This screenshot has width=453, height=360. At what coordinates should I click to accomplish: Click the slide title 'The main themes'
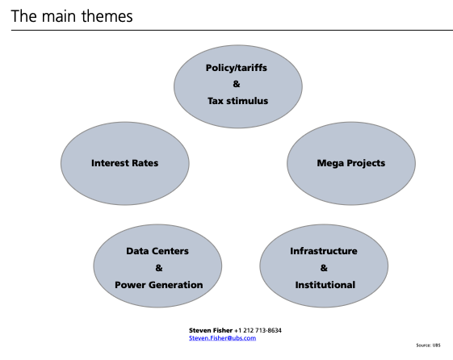point(72,16)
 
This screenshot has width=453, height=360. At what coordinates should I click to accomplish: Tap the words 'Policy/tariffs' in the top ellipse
point(237,68)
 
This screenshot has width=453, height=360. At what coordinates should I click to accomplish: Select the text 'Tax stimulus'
point(237,101)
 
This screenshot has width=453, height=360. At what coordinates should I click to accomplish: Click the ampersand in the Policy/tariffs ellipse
point(237,84)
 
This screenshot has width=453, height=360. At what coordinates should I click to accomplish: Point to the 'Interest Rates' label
point(125,163)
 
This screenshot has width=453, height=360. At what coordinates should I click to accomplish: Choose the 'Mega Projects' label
point(351,163)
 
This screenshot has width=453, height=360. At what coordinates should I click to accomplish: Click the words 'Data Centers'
point(157,251)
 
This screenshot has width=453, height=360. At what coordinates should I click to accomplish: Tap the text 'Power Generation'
point(158,285)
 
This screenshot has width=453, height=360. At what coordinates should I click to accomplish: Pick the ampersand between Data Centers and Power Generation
point(159,268)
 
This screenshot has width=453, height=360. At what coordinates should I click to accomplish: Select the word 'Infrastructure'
point(324,251)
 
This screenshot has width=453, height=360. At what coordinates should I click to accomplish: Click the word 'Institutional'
point(325,285)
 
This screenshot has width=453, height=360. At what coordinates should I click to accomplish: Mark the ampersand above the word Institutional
point(324,268)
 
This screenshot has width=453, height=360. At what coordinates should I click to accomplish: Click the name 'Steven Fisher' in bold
point(211,330)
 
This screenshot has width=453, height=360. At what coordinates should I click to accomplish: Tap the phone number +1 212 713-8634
point(258,330)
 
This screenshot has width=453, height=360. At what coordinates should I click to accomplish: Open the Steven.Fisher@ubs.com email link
point(222,338)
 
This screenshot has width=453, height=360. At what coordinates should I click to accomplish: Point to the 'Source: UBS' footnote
point(428,345)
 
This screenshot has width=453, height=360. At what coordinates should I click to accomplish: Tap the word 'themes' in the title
point(107,16)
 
